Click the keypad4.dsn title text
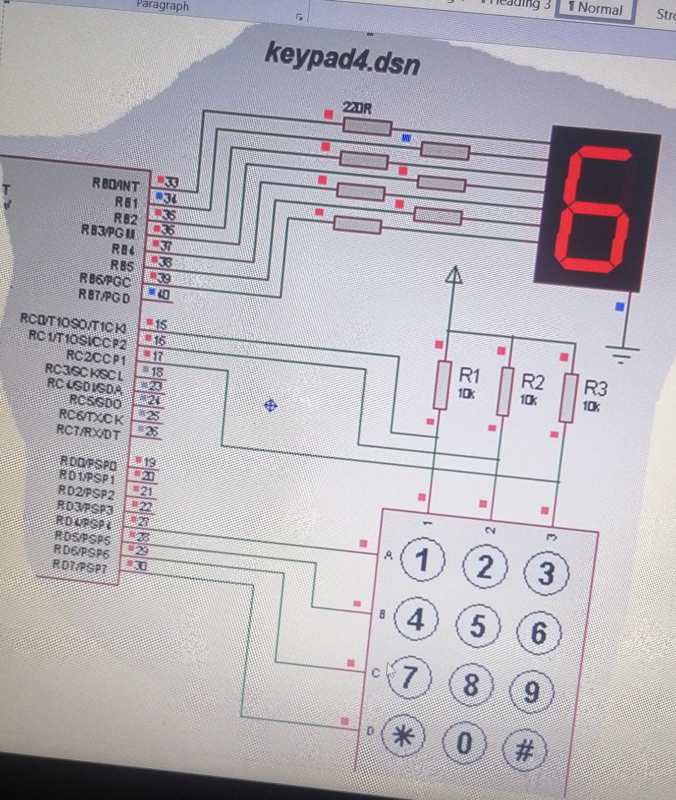[342, 58]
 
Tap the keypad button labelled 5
[478, 625]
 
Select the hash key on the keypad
[525, 750]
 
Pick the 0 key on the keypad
[464, 743]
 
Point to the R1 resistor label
[469, 375]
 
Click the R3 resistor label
[595, 388]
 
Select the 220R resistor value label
[357, 108]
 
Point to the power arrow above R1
[454, 275]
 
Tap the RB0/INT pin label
[116, 184]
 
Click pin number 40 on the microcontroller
[162, 293]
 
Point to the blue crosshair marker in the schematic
[270, 406]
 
